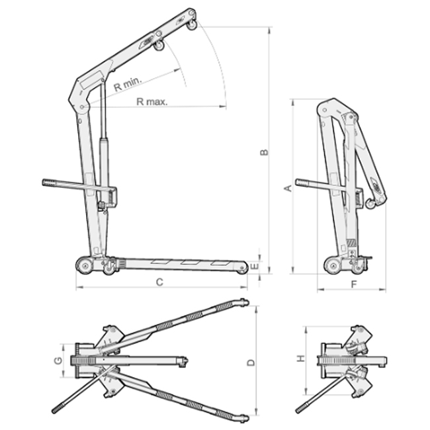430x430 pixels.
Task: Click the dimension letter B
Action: [x=264, y=152]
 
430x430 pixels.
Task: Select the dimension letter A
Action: [x=289, y=189]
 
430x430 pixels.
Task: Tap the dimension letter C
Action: [x=159, y=282]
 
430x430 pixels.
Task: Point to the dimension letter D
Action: [x=251, y=363]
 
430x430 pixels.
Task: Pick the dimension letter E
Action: [x=255, y=266]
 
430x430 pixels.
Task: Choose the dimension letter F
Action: [x=354, y=284]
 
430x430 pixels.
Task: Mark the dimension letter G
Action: [x=58, y=361]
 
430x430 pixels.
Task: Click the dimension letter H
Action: [x=301, y=358]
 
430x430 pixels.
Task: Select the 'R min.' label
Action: [x=128, y=83]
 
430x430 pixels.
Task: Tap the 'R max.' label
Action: [x=151, y=102]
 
